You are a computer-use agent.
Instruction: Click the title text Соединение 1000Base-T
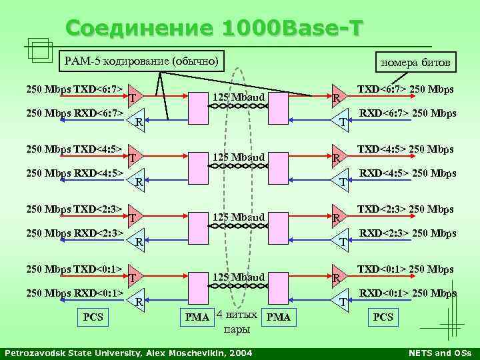pyautogui.click(x=215, y=29)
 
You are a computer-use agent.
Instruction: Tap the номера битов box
pyautogui.click(x=415, y=63)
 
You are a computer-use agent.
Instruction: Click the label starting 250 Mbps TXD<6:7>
pyautogui.click(x=73, y=89)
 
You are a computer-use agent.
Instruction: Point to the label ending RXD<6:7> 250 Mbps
pyautogui.click(x=408, y=113)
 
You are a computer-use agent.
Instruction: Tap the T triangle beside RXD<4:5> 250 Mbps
pyautogui.click(x=341, y=181)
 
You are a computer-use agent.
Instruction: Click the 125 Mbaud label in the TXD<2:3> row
pyautogui.click(x=239, y=217)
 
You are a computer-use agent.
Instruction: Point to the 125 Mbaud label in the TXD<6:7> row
pyautogui.click(x=239, y=98)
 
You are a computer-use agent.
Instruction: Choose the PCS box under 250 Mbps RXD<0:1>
pyautogui.click(x=93, y=317)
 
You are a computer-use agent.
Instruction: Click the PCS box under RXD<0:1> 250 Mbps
pyautogui.click(x=383, y=317)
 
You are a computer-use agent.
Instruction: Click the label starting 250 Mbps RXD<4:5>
pyautogui.click(x=73, y=173)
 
